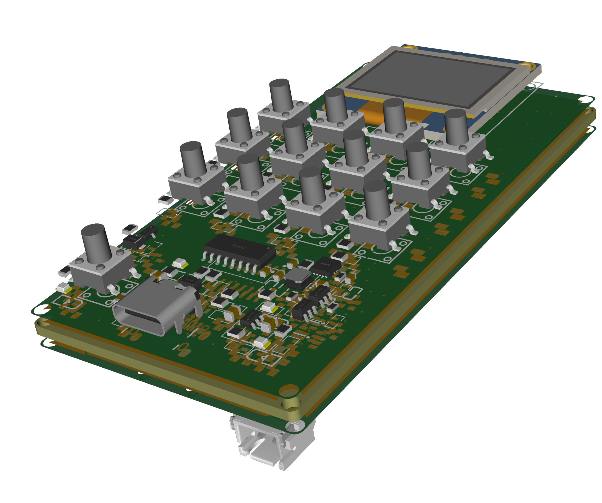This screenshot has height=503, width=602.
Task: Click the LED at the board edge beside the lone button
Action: pyautogui.click(x=64, y=288)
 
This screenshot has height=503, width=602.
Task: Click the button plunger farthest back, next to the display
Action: pyautogui.click(x=281, y=94)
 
